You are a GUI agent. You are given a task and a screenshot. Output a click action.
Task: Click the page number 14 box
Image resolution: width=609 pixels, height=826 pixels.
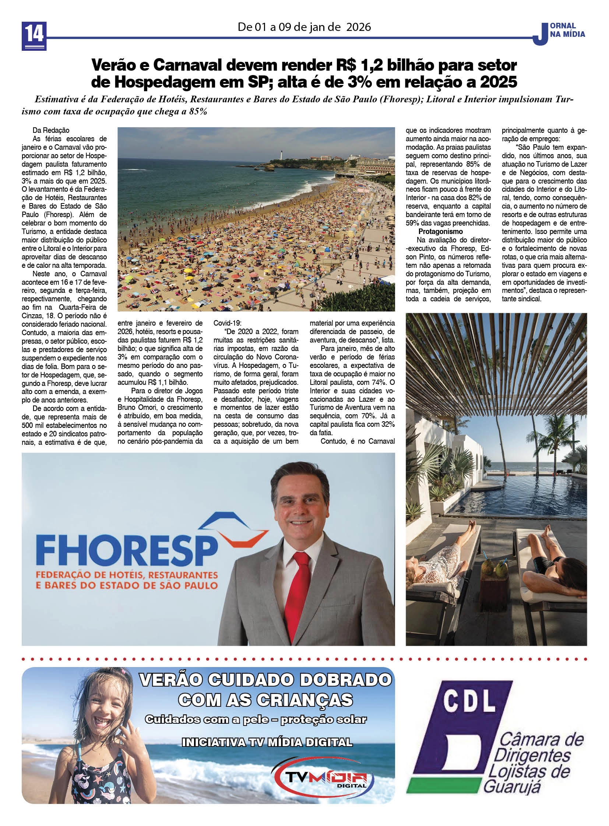click(34, 36)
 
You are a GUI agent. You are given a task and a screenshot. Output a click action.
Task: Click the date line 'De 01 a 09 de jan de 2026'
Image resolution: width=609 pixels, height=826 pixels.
click(304, 27)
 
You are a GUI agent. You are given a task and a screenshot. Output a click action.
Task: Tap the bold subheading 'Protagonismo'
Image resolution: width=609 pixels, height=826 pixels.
click(440, 231)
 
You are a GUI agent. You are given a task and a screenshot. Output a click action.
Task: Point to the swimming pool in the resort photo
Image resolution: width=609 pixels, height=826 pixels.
click(531, 494)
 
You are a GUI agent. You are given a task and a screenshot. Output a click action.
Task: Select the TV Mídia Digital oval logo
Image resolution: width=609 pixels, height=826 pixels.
click(322, 775)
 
